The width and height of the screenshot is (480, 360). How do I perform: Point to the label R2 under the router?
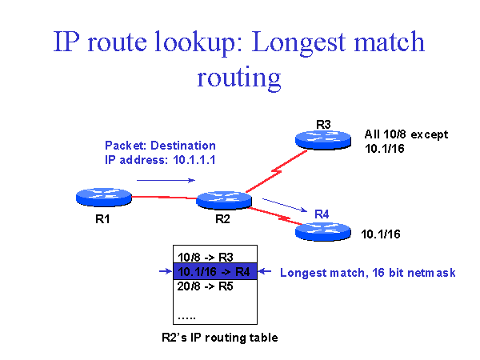(222, 219)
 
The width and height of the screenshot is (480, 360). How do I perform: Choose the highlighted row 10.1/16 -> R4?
(215, 272)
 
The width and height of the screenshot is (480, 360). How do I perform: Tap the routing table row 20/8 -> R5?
(204, 286)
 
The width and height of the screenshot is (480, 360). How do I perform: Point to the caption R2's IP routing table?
(214, 338)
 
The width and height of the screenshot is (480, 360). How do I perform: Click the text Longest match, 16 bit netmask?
(367, 273)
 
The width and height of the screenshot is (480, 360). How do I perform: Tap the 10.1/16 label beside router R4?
(381, 234)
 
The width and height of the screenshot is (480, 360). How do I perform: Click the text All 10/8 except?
(406, 134)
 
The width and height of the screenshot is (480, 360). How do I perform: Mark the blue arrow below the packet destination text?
(170, 181)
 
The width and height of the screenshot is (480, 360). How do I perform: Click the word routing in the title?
(239, 78)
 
